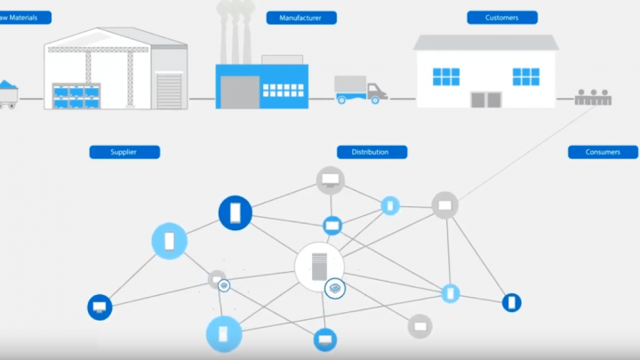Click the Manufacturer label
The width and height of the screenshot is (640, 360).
[x=301, y=17]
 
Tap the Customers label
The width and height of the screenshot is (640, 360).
[x=502, y=17]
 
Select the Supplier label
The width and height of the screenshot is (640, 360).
[x=124, y=152]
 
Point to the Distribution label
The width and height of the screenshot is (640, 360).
[x=372, y=152]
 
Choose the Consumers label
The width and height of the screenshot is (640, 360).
[x=603, y=152]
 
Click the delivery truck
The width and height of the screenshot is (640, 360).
[x=360, y=88]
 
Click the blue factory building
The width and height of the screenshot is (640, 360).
[x=261, y=85]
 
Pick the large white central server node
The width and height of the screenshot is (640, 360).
[x=318, y=266]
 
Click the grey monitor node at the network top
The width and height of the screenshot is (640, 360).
[x=331, y=180]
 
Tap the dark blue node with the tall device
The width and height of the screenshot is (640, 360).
[x=236, y=212]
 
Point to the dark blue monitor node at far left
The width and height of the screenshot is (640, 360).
[x=100, y=308]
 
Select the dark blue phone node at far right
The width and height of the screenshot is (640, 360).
[x=511, y=302]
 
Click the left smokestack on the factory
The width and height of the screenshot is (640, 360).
[x=221, y=35]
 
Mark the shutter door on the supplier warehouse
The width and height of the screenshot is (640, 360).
[x=169, y=90]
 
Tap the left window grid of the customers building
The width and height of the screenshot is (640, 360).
[x=446, y=76]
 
